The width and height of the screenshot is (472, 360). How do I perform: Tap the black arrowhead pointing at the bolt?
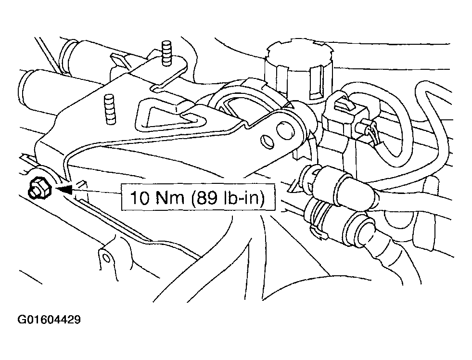point(65,189)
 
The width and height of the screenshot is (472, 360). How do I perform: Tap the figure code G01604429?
point(49,320)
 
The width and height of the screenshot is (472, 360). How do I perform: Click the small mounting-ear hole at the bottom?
point(106,257)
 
